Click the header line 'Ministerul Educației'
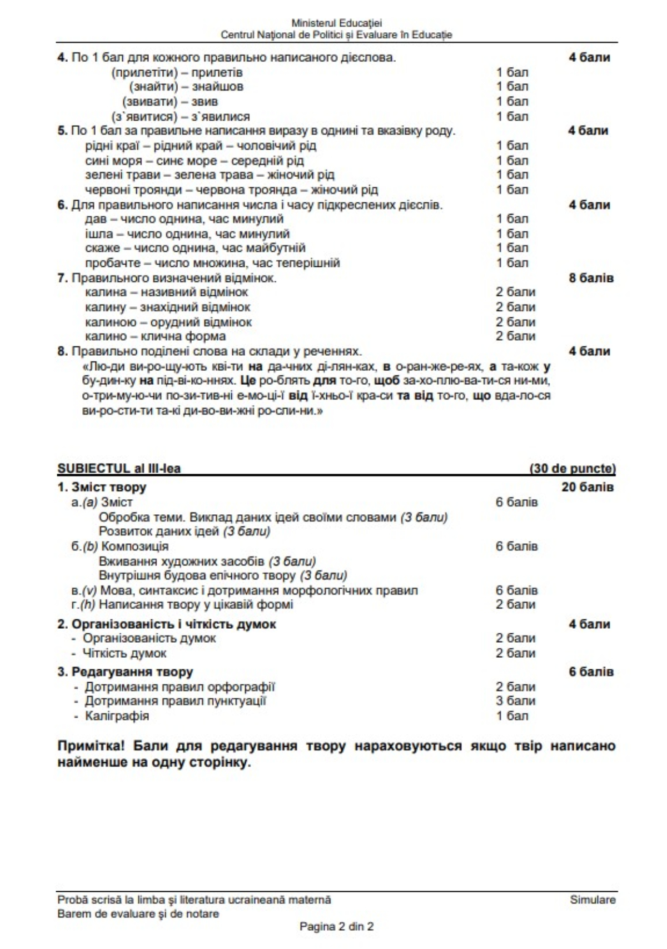coord(336,23)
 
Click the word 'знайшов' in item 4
coord(218,87)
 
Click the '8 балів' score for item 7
coord(591,278)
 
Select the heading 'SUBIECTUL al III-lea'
coord(119,468)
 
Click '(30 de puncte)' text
coord(573,468)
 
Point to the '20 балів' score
coord(588,487)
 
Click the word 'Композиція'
coord(135,546)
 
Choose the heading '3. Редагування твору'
coord(125,672)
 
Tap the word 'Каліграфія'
coord(117,716)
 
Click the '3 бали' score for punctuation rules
coord(515,701)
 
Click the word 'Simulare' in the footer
coord(593,900)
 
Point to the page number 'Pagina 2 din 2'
coord(336,927)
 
